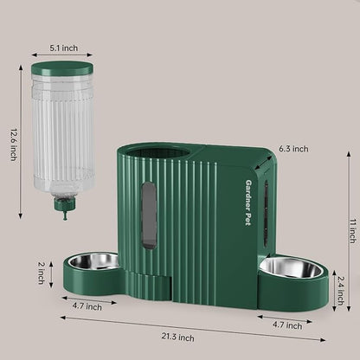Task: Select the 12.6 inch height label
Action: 13,138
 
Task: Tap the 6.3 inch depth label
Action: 292,149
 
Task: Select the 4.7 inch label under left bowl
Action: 87,305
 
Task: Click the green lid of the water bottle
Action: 61,67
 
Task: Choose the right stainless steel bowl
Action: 292,267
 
